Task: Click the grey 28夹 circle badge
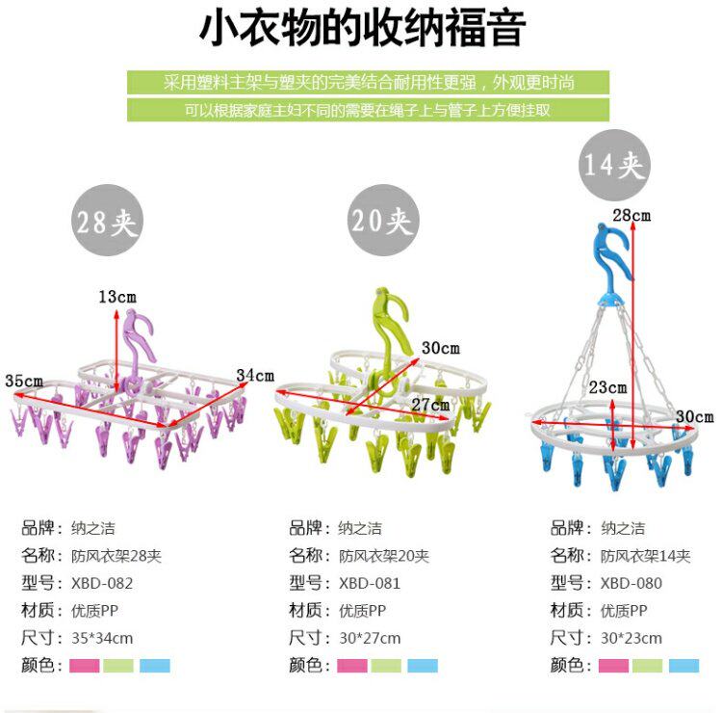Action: [107, 222]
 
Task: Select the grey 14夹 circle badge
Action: [613, 165]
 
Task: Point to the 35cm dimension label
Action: [23, 380]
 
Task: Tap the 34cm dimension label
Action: [255, 375]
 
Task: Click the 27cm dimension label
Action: [430, 404]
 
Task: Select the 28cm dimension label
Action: [632, 215]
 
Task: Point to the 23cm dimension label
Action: [608, 387]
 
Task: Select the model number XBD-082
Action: [102, 583]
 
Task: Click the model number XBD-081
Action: [369, 583]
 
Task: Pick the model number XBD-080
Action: [631, 583]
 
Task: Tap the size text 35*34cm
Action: [102, 638]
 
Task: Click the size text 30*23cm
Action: [631, 638]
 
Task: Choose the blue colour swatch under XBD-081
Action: [422, 666]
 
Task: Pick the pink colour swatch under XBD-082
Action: [84, 666]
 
